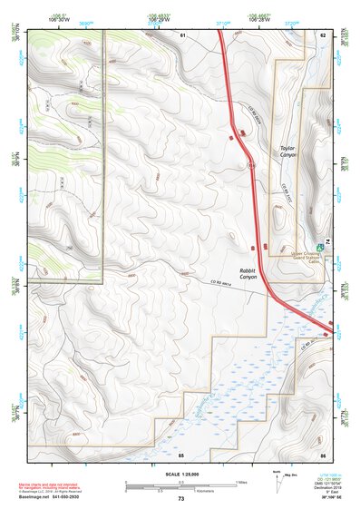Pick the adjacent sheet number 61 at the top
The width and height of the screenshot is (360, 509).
point(181,34)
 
